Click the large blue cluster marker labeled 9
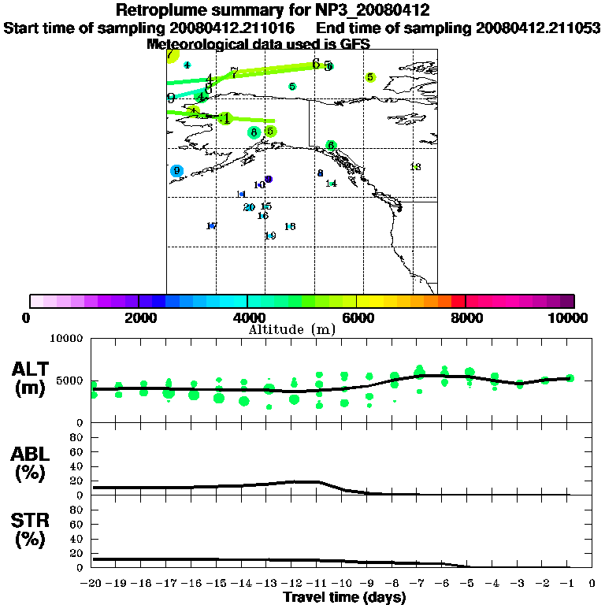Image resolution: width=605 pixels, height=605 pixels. click(176, 171)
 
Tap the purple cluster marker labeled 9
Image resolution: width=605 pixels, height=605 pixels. click(269, 180)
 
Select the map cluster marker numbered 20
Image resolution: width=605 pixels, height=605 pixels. click(249, 207)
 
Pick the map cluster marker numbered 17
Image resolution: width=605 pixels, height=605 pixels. click(211, 226)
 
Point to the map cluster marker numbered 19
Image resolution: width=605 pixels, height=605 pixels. click(270, 236)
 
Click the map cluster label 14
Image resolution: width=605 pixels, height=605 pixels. click(331, 184)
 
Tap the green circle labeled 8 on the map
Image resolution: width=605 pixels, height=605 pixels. click(254, 132)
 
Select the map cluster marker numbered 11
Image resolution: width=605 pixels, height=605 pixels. click(241, 195)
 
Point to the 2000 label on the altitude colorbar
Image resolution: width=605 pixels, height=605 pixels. click(139, 317)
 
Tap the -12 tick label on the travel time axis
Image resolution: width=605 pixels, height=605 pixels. click(292, 584)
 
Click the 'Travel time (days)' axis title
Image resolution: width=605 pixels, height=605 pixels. click(344, 597)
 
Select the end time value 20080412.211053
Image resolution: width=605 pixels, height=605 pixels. click(538, 28)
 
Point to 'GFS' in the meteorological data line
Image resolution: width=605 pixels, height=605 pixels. click(354, 44)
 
